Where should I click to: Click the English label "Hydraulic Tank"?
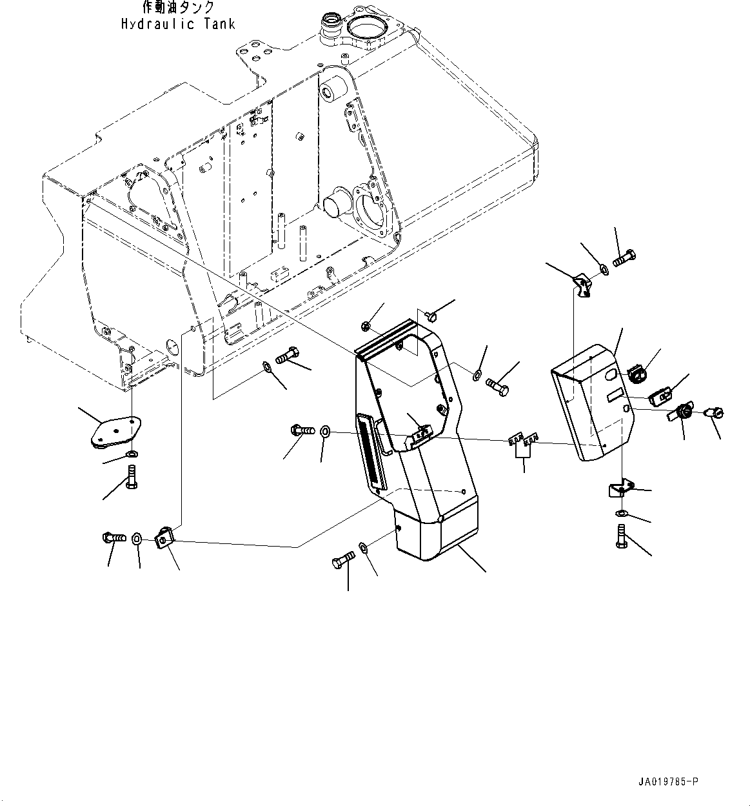click(178, 24)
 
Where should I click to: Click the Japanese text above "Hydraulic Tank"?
click(178, 8)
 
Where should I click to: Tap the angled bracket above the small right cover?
click(583, 285)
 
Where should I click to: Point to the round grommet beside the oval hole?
click(638, 372)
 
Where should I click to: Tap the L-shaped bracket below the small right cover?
click(618, 490)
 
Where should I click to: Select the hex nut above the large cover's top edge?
click(366, 325)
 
